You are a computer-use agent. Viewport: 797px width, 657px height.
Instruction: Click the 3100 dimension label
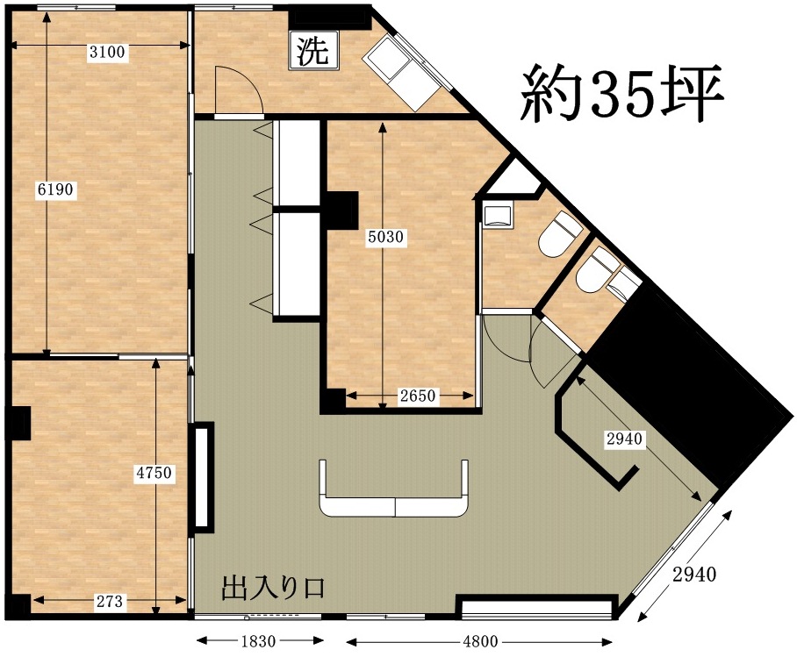tap(107, 52)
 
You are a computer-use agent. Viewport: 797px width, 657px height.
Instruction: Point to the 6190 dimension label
tap(55, 189)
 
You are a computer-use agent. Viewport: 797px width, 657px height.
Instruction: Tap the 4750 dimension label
tap(154, 473)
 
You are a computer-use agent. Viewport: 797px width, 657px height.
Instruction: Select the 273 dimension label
tap(110, 602)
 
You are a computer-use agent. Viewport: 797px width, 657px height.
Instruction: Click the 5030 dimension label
tap(385, 237)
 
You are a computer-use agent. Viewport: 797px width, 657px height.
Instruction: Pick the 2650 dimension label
tap(418, 396)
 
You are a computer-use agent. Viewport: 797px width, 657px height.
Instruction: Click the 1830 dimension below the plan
tap(258, 641)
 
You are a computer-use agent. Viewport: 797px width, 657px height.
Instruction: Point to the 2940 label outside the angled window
tap(694, 575)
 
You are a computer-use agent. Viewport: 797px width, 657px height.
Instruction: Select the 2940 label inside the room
tap(624, 439)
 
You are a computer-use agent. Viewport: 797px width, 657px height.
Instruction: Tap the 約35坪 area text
tap(621, 95)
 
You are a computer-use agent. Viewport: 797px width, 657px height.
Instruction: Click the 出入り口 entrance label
tap(274, 589)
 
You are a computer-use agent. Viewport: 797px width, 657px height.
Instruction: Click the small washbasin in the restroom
tap(498, 215)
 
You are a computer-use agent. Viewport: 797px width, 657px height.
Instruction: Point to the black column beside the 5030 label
tap(341, 210)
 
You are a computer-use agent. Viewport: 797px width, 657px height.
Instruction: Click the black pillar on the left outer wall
tap(18, 423)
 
